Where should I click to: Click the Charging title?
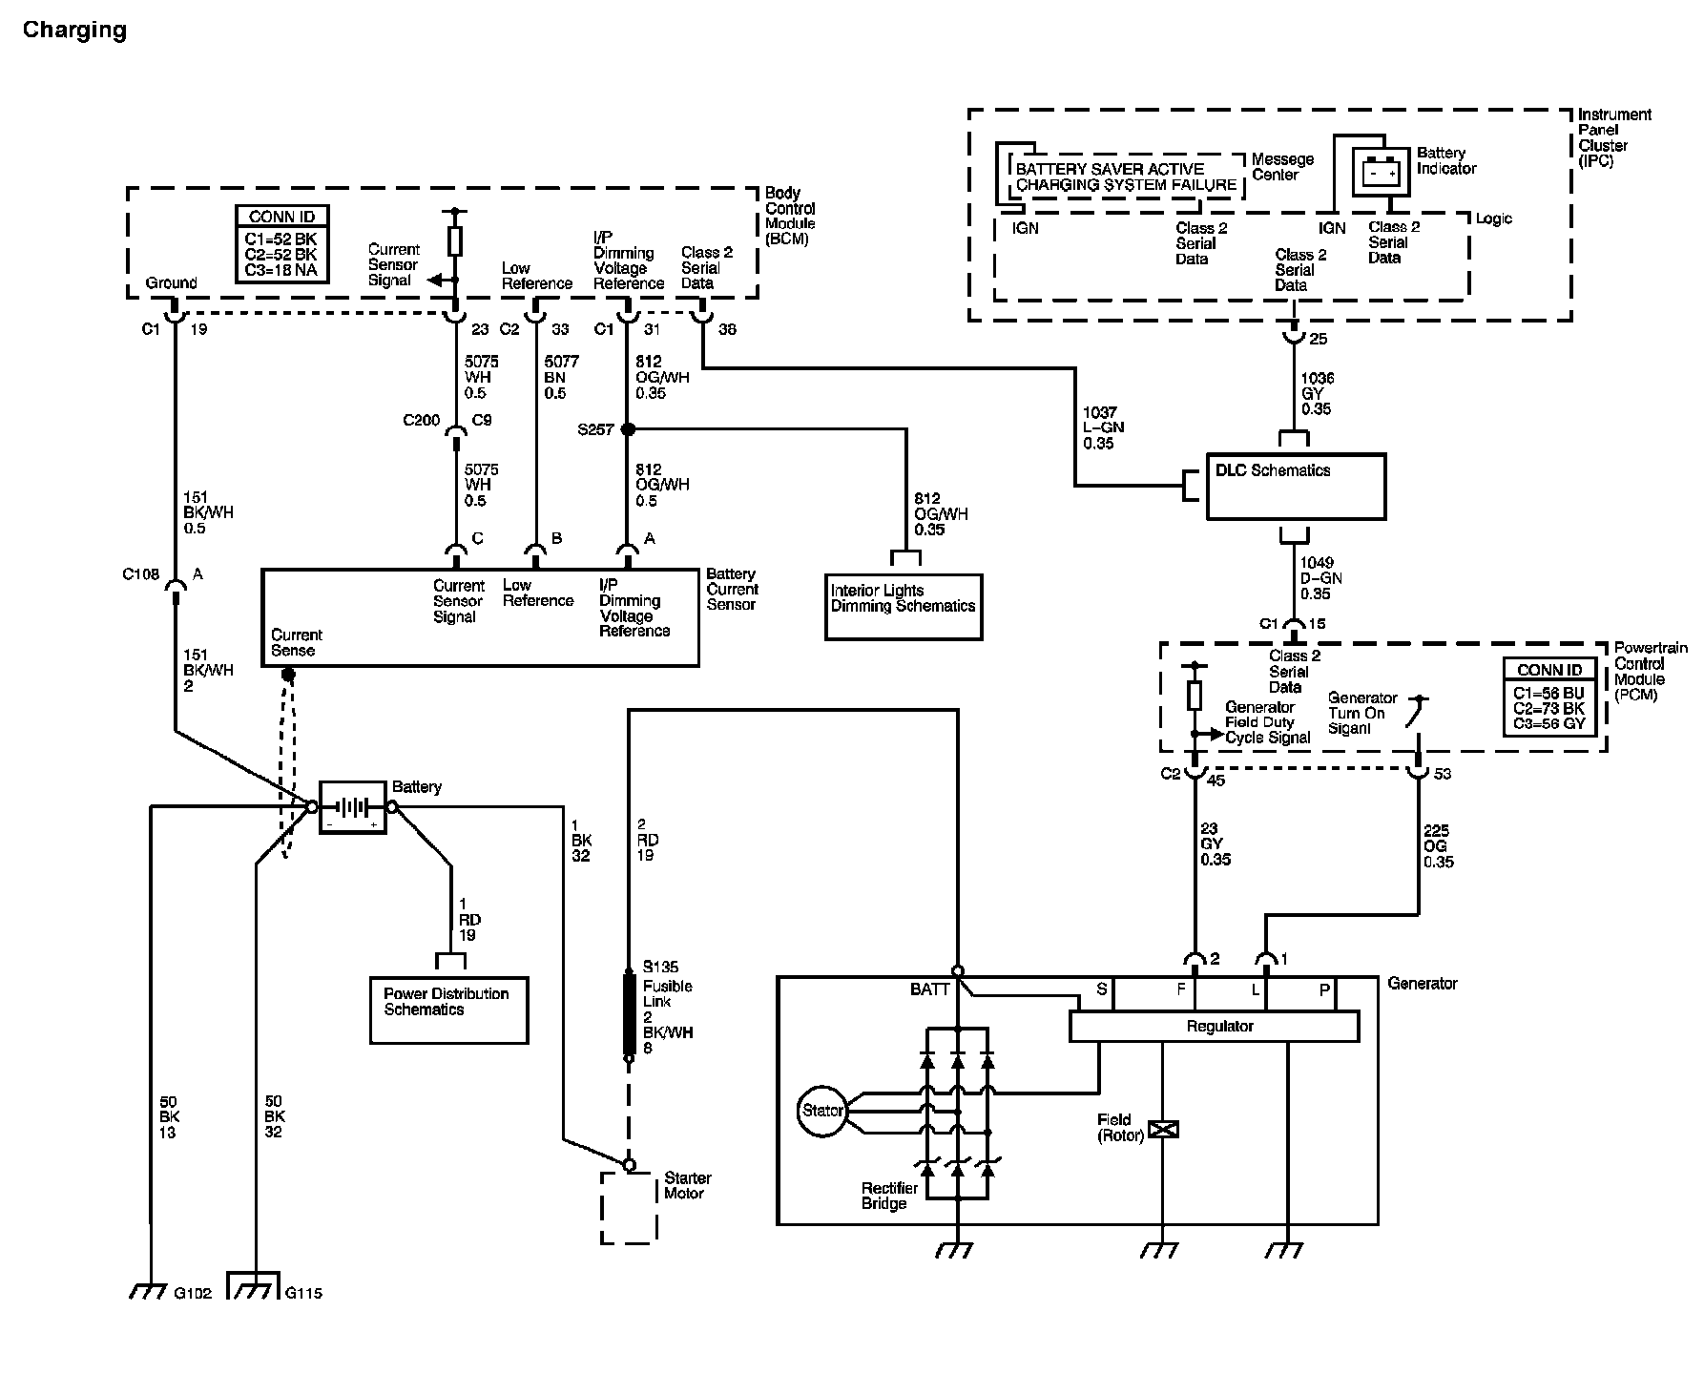point(74,31)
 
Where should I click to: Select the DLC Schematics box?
point(1296,487)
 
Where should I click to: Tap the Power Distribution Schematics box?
point(448,1010)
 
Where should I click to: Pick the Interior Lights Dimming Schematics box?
point(903,607)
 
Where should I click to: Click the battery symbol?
point(352,807)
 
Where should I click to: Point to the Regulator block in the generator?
point(1214,1027)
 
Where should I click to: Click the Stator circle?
point(821,1111)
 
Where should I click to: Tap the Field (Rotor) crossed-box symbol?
point(1163,1129)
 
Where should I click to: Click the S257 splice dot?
point(628,430)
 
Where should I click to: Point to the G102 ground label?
point(195,1293)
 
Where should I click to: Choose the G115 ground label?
point(303,1293)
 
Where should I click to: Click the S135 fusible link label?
point(660,967)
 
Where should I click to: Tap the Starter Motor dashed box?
point(629,1208)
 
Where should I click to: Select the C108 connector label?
point(140,574)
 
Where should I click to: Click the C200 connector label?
point(421,421)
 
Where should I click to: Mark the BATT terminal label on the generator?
point(929,989)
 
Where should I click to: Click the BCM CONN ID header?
point(281,217)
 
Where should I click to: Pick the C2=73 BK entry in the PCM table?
point(1548,708)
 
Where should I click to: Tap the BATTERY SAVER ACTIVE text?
point(1110,169)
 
